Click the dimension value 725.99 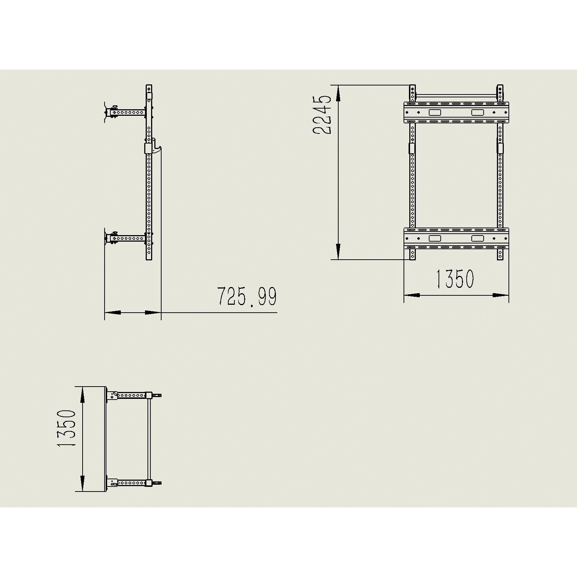pos(247,296)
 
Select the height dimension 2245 pos(321,115)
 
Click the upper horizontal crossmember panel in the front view pos(457,113)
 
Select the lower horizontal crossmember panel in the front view pos(457,238)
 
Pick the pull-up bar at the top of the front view pos(457,96)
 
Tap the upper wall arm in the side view pos(128,113)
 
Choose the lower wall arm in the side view pos(128,238)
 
